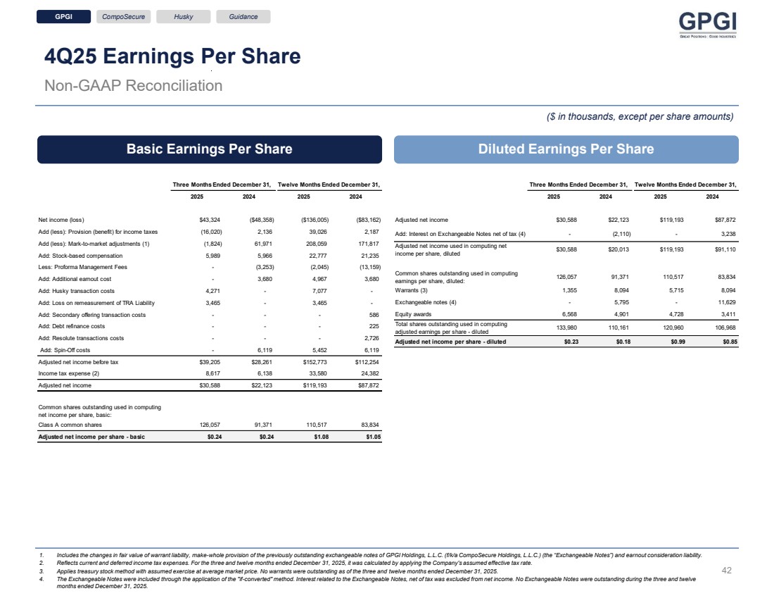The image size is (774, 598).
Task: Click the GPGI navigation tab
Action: point(64,17)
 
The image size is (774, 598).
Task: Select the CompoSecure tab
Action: point(123,17)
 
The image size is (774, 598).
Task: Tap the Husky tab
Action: point(184,17)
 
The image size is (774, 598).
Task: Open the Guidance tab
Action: point(243,17)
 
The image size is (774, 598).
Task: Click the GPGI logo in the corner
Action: point(708,26)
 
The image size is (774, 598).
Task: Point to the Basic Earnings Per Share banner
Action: point(209,149)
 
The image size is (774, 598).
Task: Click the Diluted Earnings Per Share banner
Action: point(566,149)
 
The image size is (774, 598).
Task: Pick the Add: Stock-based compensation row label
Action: point(81,256)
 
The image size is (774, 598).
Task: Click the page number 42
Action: point(728,571)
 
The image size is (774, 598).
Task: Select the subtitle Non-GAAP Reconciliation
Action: point(134,86)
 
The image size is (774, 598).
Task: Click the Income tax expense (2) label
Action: point(69,373)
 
